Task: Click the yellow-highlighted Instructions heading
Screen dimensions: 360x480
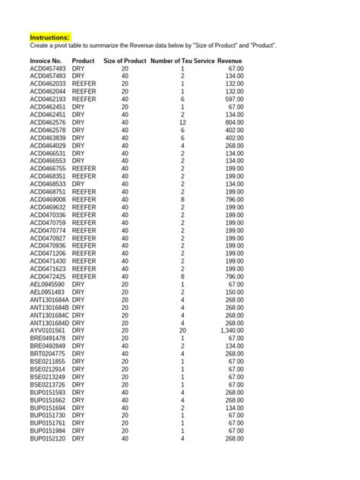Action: coord(49,36)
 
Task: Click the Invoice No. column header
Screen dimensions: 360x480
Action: coord(48,60)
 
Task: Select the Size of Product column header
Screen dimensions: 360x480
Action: coord(125,60)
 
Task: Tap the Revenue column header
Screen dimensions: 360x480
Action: coord(230,60)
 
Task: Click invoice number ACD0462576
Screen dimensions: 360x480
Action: coord(48,122)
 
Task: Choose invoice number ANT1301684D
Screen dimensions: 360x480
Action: coord(49,323)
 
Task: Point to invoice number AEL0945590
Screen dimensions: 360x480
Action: coord(48,284)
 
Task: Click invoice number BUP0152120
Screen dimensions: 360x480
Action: coord(48,439)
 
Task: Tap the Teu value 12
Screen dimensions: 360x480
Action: coord(182,122)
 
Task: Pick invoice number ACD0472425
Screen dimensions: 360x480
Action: coord(48,276)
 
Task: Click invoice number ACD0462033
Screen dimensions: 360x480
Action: coord(48,83)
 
